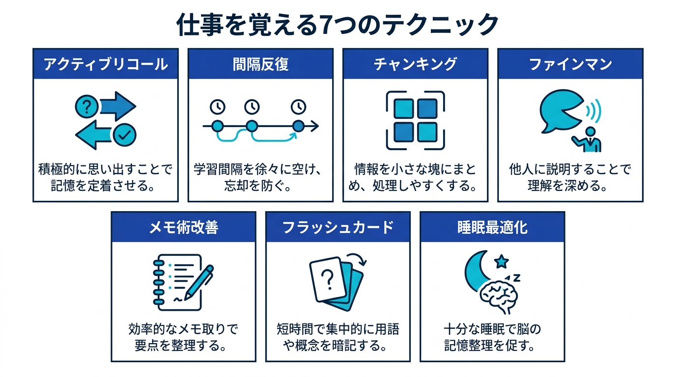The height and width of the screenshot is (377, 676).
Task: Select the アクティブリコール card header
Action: (x=105, y=64)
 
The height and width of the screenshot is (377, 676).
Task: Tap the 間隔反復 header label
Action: (x=260, y=64)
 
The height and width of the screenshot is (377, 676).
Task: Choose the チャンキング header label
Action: (x=415, y=64)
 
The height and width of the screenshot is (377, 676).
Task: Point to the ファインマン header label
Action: (x=570, y=64)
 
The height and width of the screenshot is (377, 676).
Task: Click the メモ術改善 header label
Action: (x=183, y=227)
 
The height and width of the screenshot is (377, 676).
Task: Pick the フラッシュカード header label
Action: (x=338, y=227)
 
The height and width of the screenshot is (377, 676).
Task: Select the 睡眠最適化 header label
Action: (x=492, y=227)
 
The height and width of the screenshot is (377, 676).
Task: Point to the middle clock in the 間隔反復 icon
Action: (x=252, y=106)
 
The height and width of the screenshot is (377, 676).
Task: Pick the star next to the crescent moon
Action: (x=501, y=262)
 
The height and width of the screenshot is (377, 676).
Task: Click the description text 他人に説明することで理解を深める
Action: (x=570, y=178)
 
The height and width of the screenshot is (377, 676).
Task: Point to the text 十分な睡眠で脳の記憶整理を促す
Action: (x=492, y=337)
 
